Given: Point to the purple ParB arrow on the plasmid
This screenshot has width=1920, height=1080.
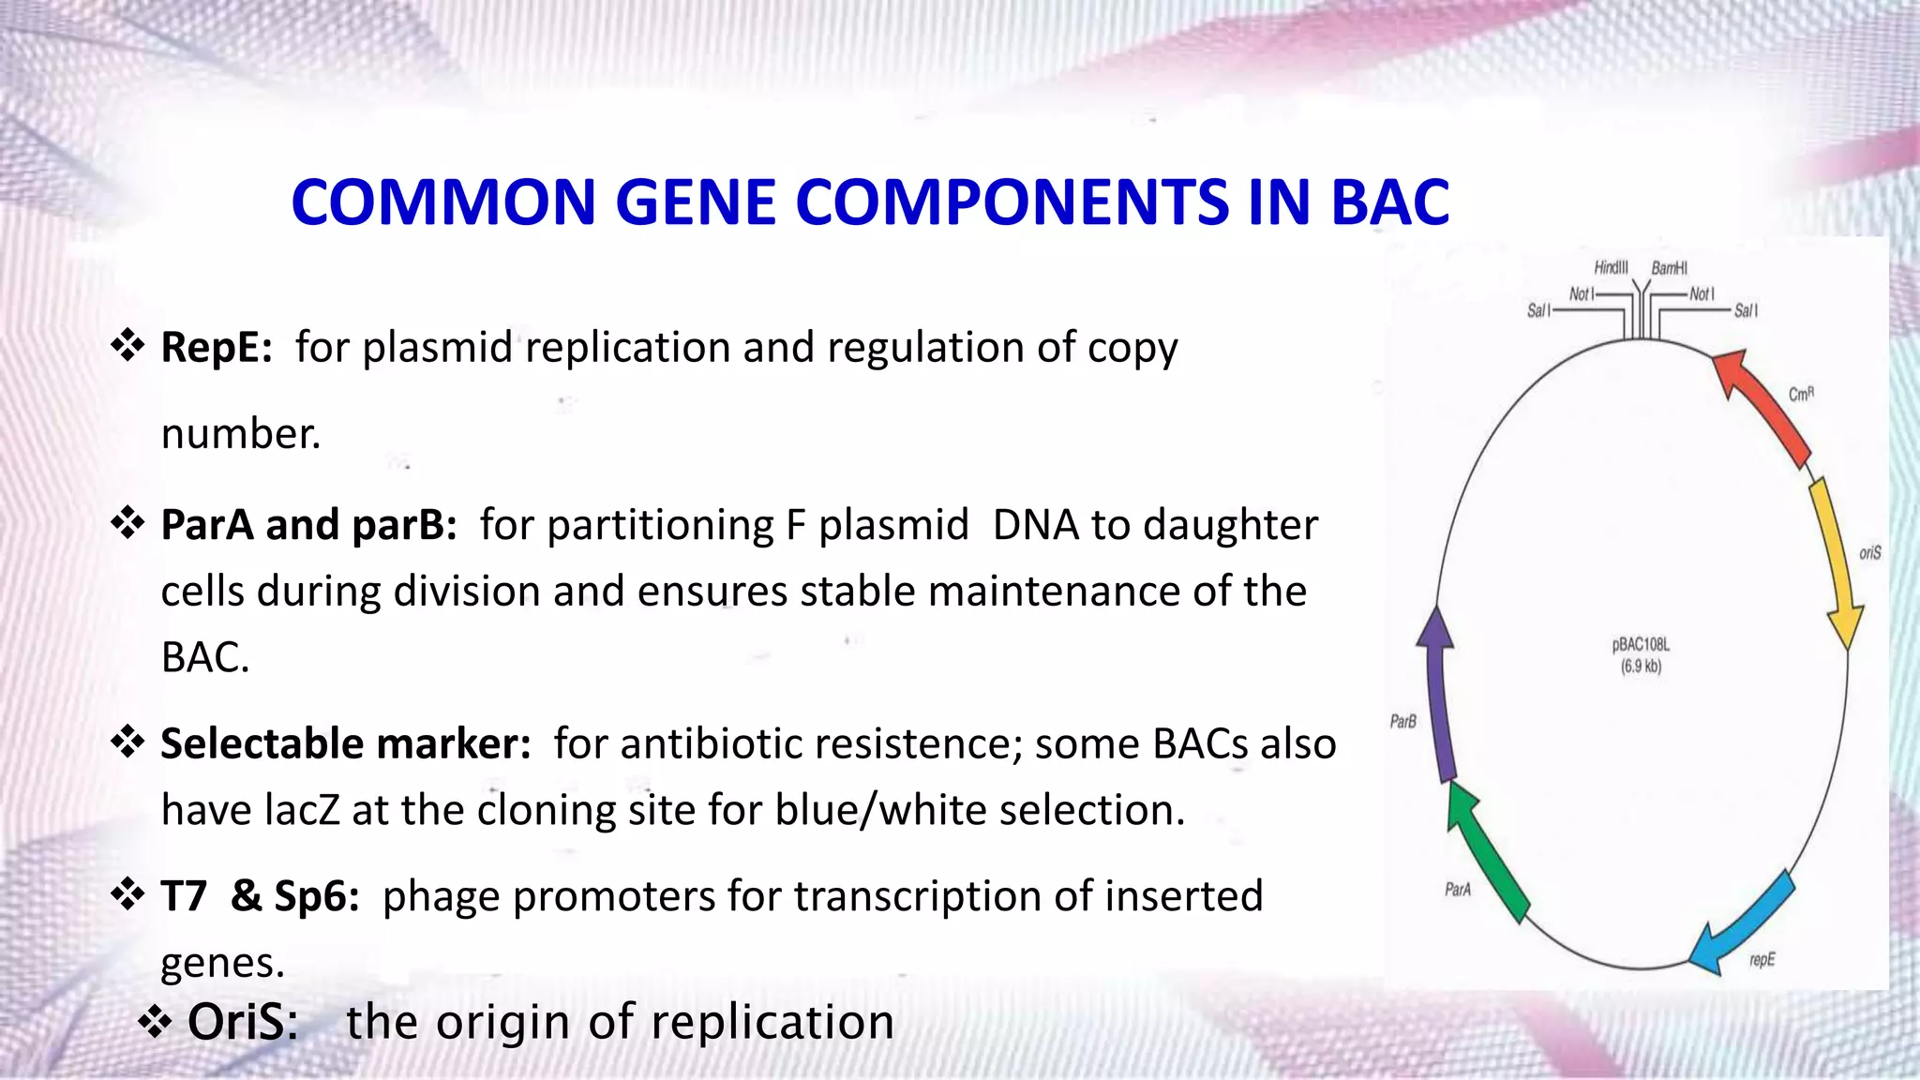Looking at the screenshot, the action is coord(1438,694).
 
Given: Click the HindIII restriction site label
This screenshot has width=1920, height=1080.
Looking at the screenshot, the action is coord(1611,268).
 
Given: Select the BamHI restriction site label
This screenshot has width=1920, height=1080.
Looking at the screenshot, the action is coord(1669,269).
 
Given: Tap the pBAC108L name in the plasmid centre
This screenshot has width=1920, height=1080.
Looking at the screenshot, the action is coord(1641,645).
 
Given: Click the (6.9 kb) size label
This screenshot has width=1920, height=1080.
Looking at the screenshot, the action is coord(1641,667).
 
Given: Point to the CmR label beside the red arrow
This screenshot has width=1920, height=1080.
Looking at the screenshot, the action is coord(1801,394).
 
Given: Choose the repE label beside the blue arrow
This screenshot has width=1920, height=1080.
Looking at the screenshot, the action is coord(1762,960).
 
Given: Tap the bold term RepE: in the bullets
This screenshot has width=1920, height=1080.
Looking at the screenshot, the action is coord(217,348).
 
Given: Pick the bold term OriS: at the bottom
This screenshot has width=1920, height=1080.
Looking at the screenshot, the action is coord(243,1022).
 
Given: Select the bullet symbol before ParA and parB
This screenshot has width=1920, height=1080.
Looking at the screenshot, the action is coord(127,522).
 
